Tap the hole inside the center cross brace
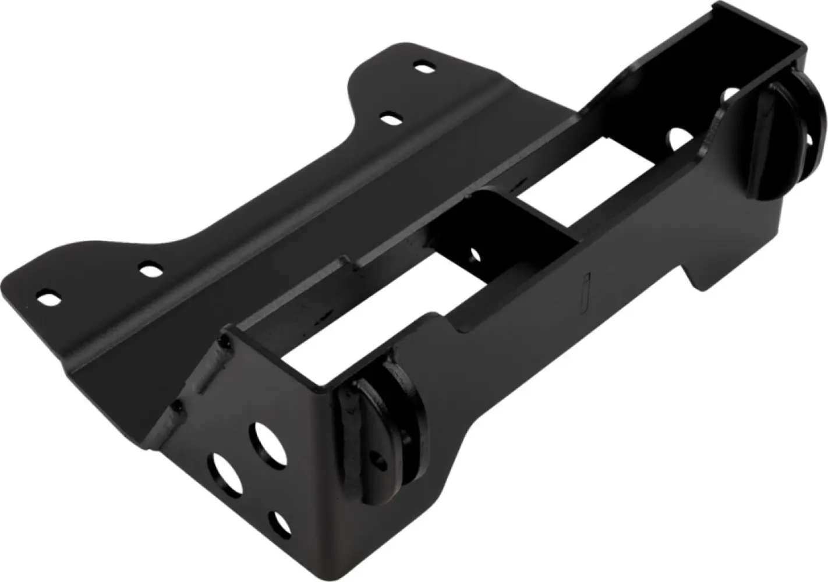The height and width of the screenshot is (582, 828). [475, 254]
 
